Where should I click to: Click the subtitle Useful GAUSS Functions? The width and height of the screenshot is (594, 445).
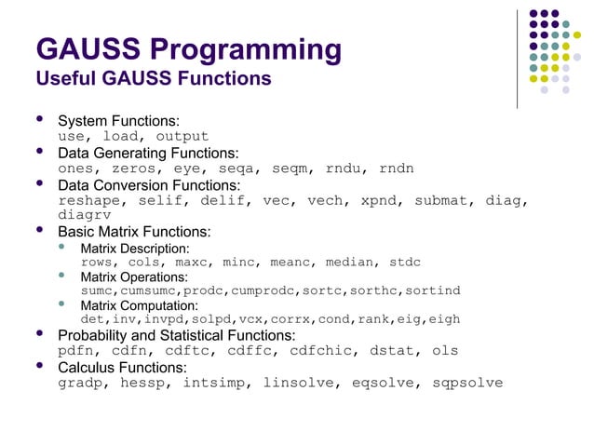point(153,79)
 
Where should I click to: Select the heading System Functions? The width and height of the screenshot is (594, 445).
point(119,122)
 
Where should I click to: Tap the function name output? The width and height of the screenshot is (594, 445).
point(182,137)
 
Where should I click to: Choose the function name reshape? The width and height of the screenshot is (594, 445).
point(89,200)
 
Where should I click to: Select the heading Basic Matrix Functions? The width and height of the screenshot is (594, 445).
point(134,231)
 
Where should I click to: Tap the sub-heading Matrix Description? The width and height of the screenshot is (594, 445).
point(135,249)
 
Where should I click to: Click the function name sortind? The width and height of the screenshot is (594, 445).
point(432,290)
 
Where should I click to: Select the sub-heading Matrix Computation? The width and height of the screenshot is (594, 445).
point(139,304)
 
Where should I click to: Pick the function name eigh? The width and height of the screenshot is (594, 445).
point(442,318)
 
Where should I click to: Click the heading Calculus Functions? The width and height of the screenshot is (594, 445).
point(119,367)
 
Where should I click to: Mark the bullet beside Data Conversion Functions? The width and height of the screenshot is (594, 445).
point(39,183)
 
